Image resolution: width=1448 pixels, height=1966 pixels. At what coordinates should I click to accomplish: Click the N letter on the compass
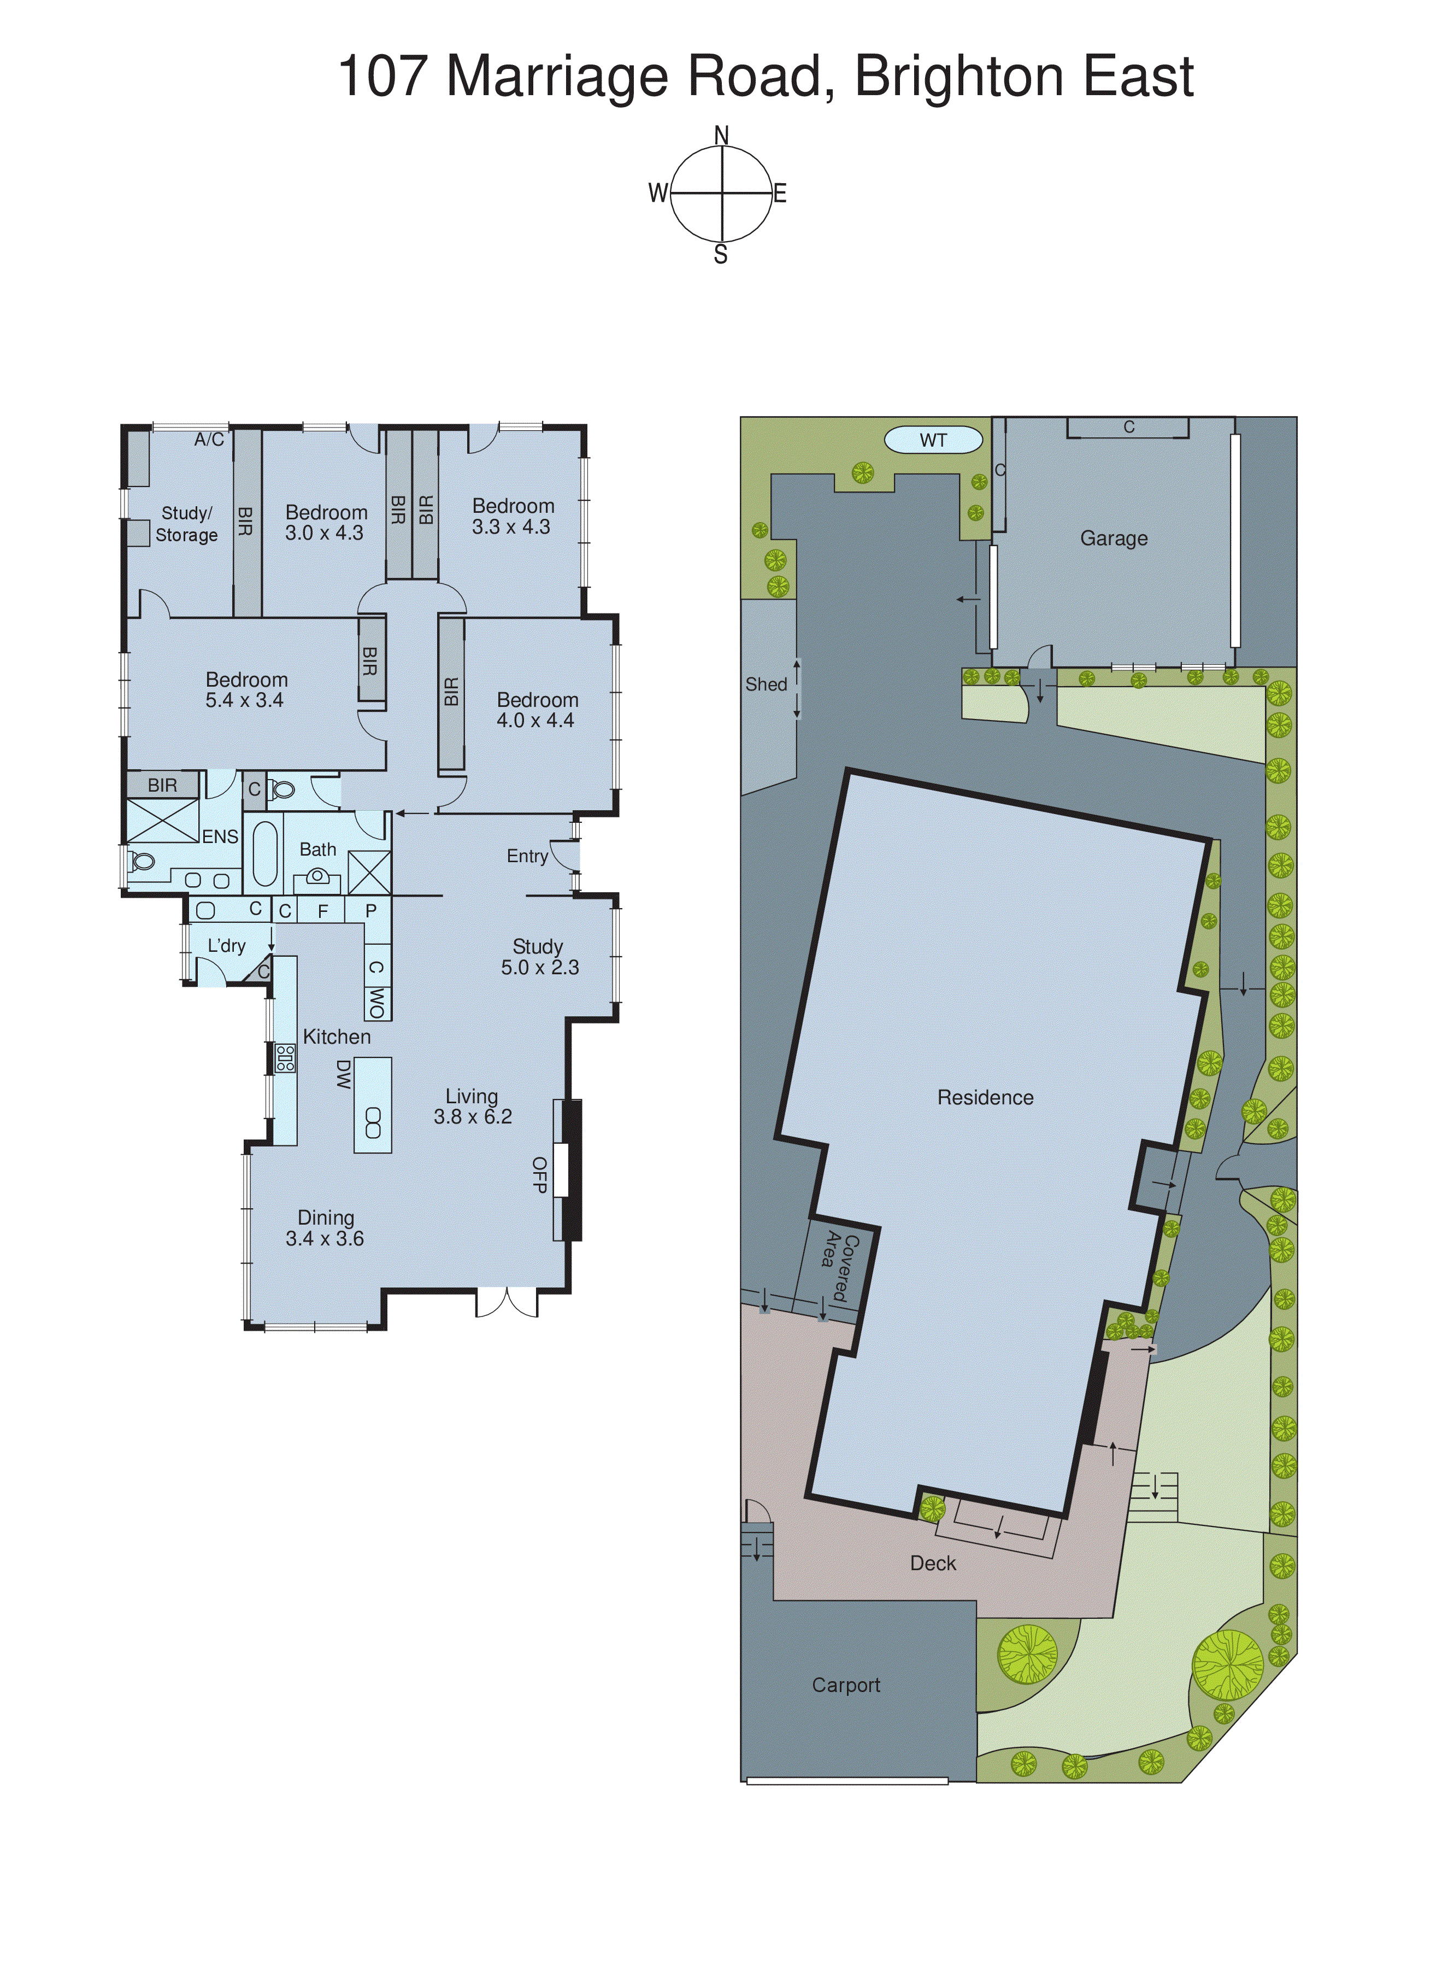[721, 135]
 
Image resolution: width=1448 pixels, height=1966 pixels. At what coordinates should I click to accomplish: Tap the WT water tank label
[933, 440]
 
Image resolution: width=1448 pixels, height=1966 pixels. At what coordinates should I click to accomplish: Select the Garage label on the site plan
[1113, 539]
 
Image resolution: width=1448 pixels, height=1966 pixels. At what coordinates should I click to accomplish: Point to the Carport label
[846, 1684]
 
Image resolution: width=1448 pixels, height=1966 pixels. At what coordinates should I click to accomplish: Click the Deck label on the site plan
[933, 1563]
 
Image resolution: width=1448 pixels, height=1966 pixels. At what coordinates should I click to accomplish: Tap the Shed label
[766, 684]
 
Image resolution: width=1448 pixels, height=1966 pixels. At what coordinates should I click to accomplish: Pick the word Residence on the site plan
[985, 1097]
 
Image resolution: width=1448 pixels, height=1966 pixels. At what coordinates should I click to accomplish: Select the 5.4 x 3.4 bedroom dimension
[245, 700]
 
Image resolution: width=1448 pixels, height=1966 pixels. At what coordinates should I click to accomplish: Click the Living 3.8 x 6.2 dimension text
[473, 1116]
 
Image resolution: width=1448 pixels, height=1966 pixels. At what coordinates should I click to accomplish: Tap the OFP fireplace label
[539, 1174]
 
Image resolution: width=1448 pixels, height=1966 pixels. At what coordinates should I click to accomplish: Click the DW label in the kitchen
[344, 1074]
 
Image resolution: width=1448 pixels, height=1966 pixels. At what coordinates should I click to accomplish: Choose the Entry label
[527, 856]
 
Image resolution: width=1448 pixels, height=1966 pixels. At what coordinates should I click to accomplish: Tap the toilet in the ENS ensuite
[142, 861]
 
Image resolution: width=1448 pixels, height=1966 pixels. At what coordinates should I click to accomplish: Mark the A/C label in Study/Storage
[209, 440]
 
